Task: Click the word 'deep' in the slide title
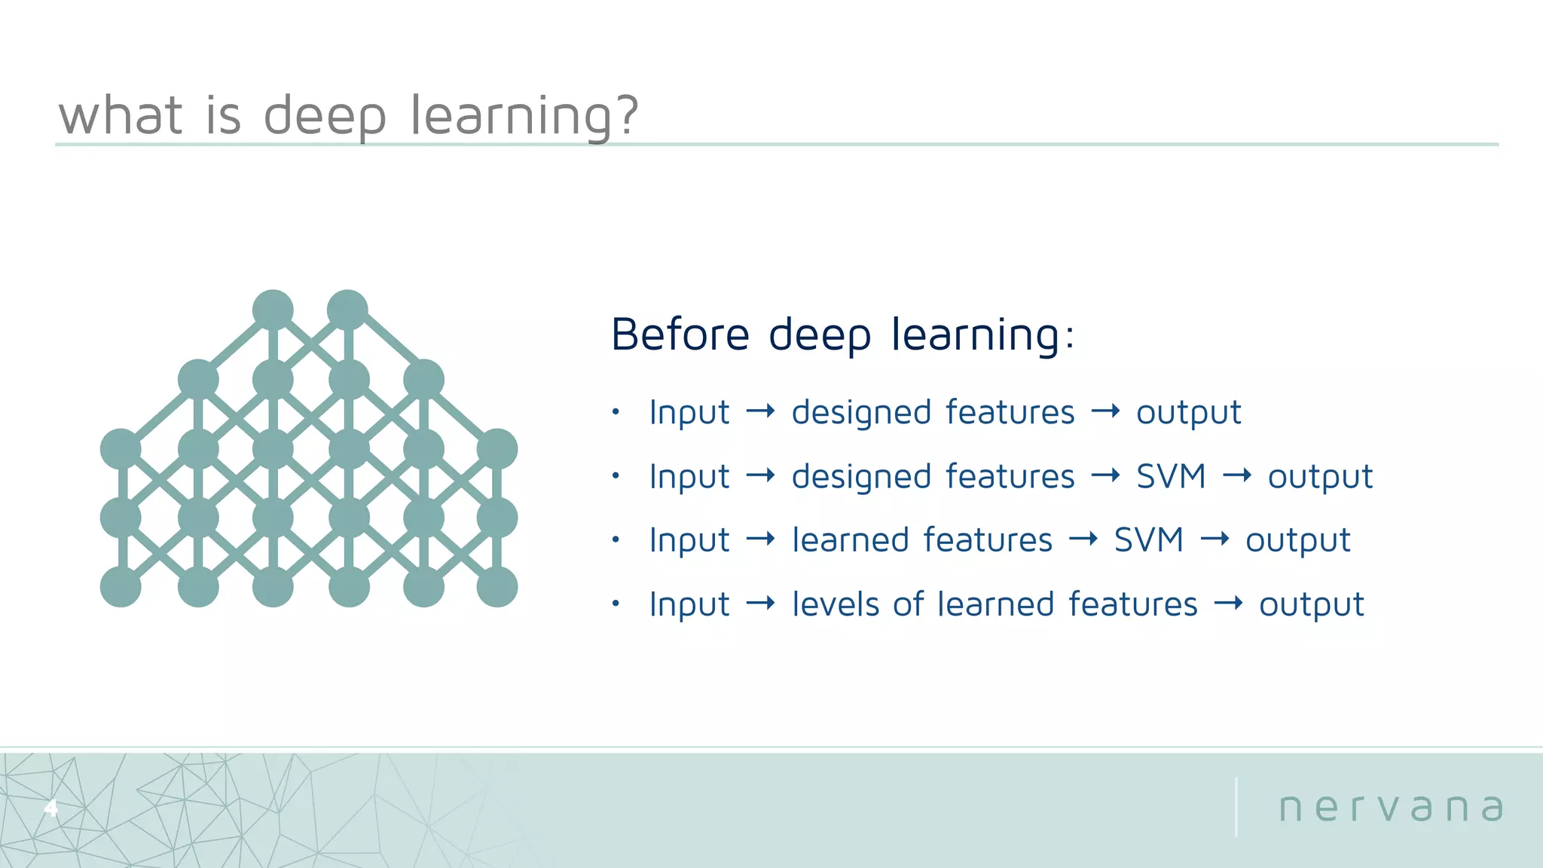(325, 117)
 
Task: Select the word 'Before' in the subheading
(680, 335)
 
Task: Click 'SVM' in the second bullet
(1171, 476)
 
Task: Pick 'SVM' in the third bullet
(1148, 540)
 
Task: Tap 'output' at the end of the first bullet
(1188, 413)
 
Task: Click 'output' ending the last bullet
(1311, 605)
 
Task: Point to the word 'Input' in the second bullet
(689, 476)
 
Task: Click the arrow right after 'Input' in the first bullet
(760, 411)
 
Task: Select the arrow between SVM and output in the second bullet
(1237, 475)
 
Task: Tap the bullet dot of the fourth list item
(616, 604)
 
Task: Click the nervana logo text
(1391, 808)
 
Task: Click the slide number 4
(50, 808)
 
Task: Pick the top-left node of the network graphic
(273, 310)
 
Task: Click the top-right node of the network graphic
(347, 310)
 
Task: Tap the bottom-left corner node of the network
(121, 586)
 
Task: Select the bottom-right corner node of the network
(497, 586)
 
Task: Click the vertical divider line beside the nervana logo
(1236, 807)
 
